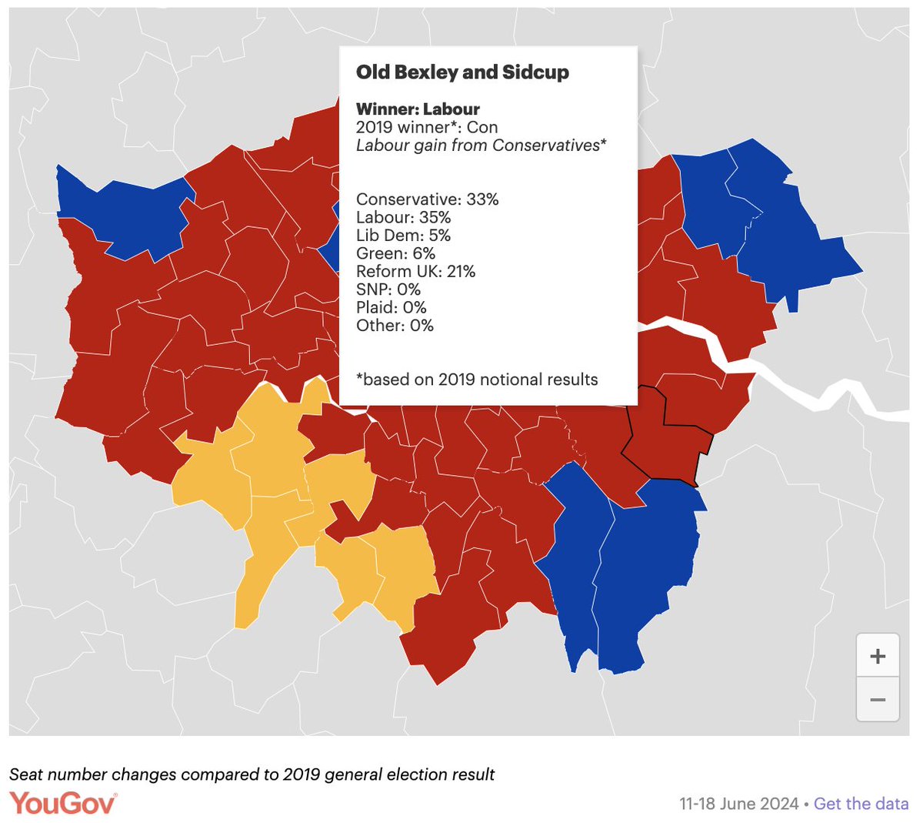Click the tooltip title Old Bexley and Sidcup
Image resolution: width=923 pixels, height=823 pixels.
coord(462,72)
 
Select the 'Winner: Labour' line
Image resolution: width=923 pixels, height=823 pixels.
coord(418,109)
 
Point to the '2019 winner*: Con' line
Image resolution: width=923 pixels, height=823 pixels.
coord(426,127)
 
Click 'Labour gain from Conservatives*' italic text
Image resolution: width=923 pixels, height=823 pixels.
coord(481,146)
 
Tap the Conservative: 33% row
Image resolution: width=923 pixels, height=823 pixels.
coord(427,199)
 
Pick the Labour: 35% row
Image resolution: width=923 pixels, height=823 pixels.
coord(403,218)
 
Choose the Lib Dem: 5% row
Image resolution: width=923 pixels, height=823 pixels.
coord(403,236)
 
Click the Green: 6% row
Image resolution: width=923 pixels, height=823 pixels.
coord(395,253)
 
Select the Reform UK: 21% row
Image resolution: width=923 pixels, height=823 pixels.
coord(415,272)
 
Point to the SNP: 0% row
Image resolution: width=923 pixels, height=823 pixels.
coord(388,289)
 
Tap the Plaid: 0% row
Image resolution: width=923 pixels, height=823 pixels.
coord(391,307)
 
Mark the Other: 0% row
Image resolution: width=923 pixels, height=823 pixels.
coord(395,326)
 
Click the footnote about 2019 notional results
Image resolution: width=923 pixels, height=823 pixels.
coord(477,380)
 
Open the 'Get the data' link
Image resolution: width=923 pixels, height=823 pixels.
coord(861,804)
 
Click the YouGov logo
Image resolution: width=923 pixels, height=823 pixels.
coord(63,803)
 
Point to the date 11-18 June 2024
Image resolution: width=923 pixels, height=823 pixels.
coord(738,804)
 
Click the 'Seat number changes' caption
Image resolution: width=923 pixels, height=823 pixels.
coord(252,774)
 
